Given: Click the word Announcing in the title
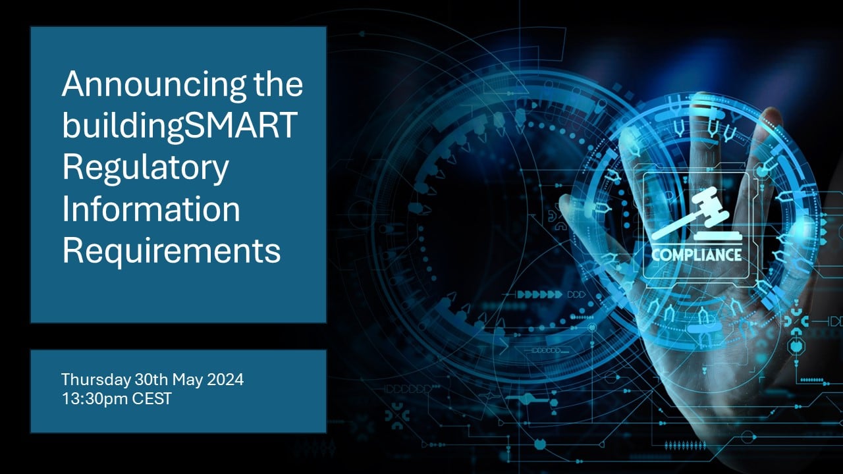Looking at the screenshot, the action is point(154,86).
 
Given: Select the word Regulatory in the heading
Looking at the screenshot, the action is point(146,169).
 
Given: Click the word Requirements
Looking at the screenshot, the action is point(172,251).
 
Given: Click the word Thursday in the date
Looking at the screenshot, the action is point(96,380).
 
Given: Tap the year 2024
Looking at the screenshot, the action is point(225,379).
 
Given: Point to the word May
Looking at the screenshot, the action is point(188,380).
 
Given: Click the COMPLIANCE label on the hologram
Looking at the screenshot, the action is point(697,255).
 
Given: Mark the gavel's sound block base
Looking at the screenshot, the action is point(718,236).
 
